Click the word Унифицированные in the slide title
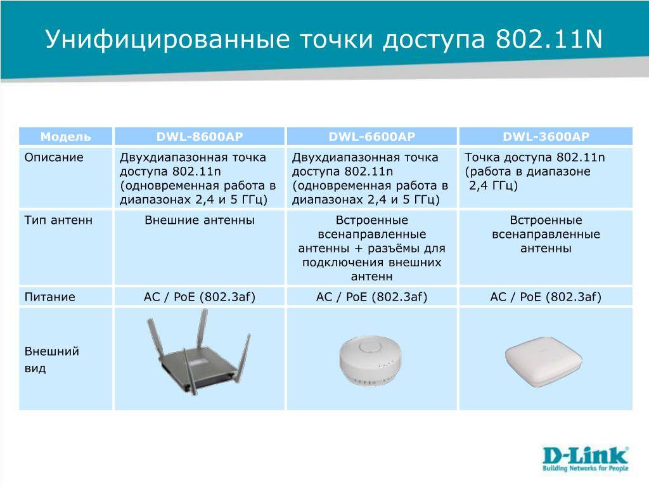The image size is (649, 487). pos(167,39)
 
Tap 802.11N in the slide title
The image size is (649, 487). pos(549,39)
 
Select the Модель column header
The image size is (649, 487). pos(65,137)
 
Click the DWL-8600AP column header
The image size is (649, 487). pos(200,137)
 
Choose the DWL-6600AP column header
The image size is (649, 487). pos(371,137)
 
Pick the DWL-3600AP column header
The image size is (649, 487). pos(546,137)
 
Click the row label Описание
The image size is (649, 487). pos(54,157)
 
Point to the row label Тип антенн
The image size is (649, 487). pos(58,220)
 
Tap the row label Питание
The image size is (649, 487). pos(49,297)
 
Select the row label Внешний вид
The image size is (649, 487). pos(52,360)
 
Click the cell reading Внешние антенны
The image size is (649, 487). pos(200,220)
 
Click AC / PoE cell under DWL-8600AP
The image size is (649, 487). pos(200,297)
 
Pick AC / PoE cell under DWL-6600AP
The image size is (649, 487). pos(371,297)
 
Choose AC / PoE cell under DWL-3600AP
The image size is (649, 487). pos(546,297)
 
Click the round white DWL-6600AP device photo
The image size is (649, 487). pos(370,361)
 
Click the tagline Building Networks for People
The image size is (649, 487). pos(586,469)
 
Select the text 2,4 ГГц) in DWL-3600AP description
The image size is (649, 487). pos(493,186)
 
